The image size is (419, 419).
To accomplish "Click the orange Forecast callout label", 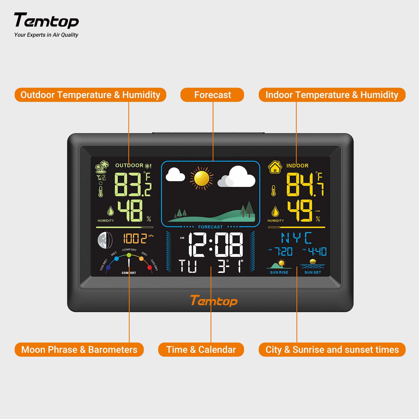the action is [212, 95].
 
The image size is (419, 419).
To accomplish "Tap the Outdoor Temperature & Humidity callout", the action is [90, 95].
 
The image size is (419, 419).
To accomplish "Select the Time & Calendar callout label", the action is [201, 350].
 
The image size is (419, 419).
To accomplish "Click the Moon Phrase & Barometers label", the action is [79, 350].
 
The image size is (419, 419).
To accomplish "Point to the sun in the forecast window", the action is [202, 178].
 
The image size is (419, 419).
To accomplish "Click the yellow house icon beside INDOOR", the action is [275, 167].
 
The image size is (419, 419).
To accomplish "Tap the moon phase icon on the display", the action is [105, 240].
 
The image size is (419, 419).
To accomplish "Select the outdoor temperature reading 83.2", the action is [132, 184].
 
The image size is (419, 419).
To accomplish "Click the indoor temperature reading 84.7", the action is [305, 184].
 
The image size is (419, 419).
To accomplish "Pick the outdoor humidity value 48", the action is [130, 211].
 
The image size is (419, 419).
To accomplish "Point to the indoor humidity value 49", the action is [300, 211].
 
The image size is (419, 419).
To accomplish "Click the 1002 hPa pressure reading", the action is [135, 239].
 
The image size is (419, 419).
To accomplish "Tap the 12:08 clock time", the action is [216, 245].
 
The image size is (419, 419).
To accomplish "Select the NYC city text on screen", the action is [296, 238].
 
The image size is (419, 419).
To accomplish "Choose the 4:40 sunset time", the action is [317, 252].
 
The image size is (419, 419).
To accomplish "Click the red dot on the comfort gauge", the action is [150, 267].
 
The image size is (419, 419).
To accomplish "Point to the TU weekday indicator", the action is [188, 266].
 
